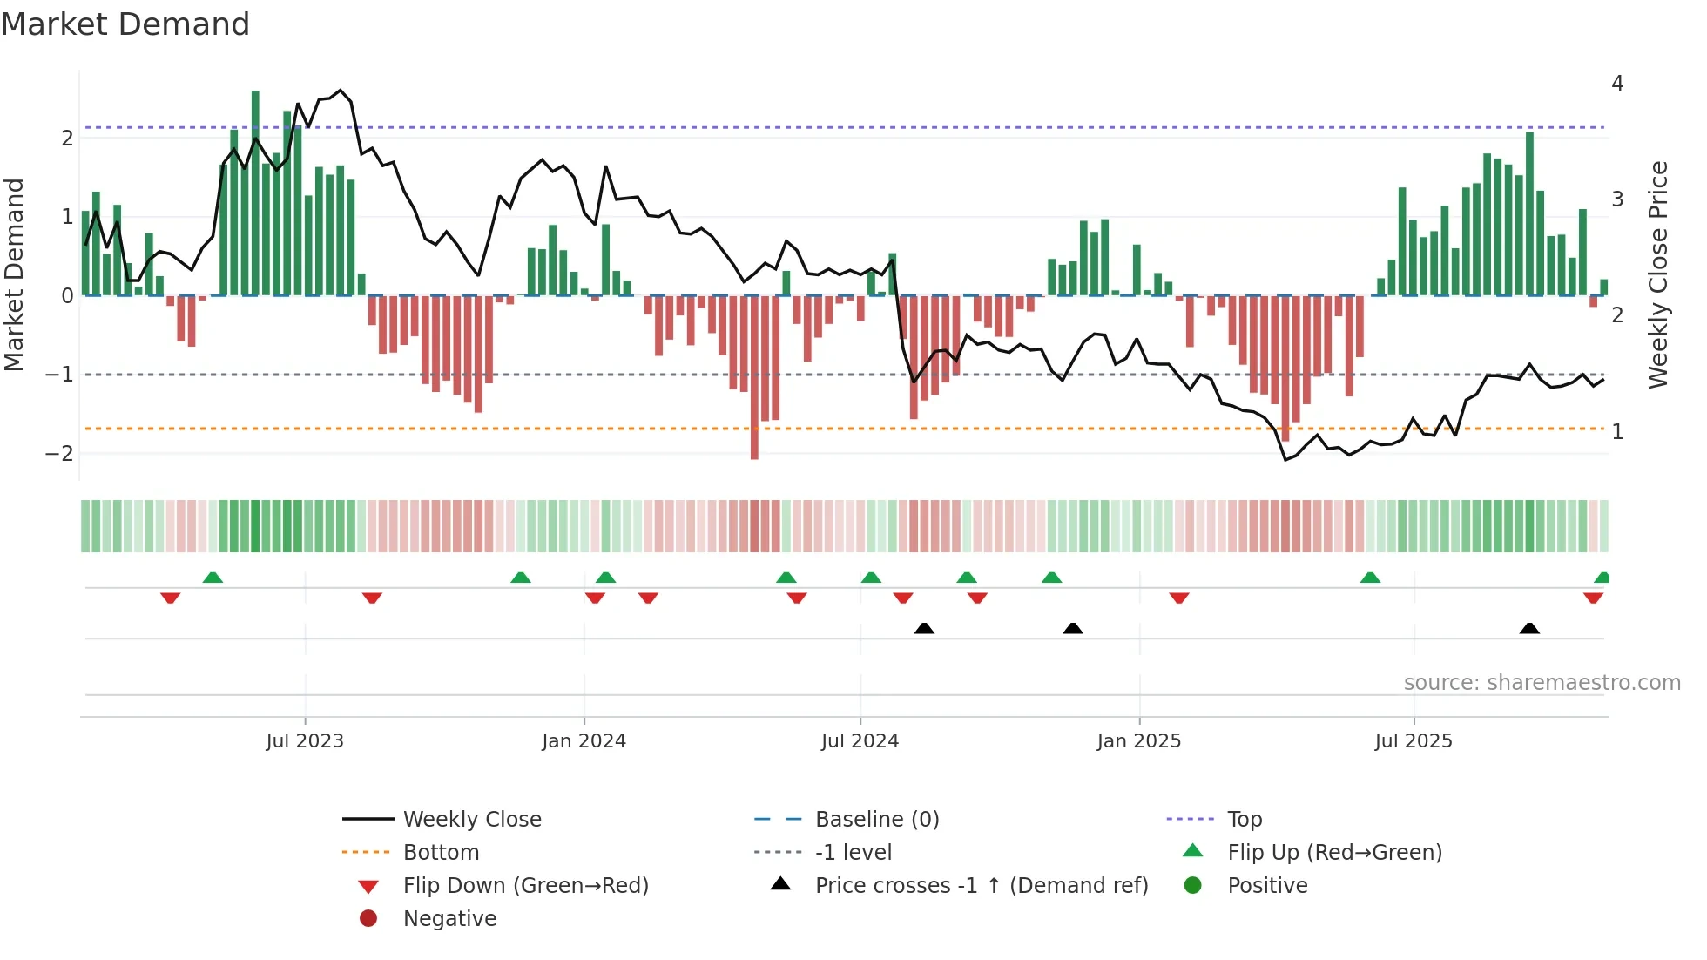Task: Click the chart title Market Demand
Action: coord(125,24)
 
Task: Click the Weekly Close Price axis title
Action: coord(1658,274)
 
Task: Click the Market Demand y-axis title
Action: coord(15,274)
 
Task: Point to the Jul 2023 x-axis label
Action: coord(305,741)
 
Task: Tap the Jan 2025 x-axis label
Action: coord(1138,741)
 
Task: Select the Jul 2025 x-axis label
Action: coord(1414,741)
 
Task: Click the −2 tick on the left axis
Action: coord(59,454)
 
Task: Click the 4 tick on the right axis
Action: coord(1617,84)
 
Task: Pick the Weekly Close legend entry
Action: coord(471,820)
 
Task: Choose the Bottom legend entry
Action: coord(441,853)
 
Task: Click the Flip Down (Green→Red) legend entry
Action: coord(525,886)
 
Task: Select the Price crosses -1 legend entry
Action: coord(981,886)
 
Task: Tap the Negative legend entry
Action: coord(449,919)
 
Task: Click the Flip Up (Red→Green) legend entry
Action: coord(1334,853)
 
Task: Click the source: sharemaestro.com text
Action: coord(1542,683)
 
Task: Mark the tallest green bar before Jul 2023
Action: coord(255,192)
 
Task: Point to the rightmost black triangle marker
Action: coord(1529,628)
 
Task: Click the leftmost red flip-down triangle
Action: coord(171,598)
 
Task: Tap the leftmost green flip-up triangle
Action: coord(213,578)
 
